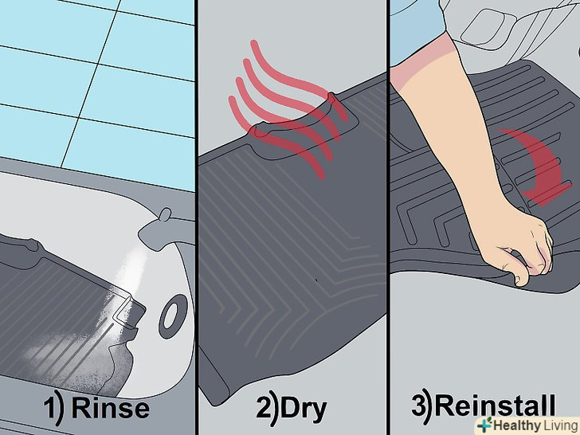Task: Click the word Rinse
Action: point(111,409)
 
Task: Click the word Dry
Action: point(304,410)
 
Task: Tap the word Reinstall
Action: point(495,406)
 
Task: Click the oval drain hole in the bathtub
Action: point(171,316)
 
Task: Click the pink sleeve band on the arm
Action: point(425,61)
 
